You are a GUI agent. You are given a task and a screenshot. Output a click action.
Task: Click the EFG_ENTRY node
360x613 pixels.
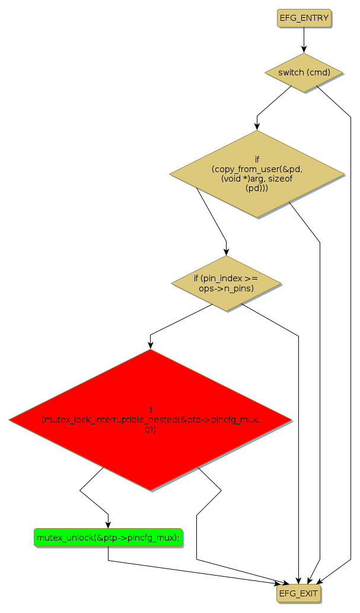click(x=304, y=18)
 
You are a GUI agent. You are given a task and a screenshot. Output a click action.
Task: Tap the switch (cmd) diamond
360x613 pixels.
click(x=304, y=73)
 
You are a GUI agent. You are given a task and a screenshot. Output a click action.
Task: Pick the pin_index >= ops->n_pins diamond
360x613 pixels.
click(x=226, y=283)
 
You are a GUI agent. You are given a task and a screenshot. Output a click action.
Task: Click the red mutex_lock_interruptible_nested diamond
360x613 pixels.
click(x=150, y=420)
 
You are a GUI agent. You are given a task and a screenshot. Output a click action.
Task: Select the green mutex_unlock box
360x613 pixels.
click(x=108, y=538)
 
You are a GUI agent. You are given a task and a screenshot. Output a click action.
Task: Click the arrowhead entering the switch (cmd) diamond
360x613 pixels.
click(x=304, y=50)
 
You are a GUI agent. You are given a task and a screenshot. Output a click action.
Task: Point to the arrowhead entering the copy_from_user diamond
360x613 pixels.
click(x=257, y=126)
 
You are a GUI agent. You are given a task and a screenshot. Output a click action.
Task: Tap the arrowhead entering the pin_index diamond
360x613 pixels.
click(x=226, y=252)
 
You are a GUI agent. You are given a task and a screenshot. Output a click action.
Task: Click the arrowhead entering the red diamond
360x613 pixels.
click(x=150, y=345)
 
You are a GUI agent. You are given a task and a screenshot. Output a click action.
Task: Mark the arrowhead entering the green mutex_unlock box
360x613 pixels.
click(x=108, y=524)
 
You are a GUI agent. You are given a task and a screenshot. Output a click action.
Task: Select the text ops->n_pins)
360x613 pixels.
click(x=227, y=288)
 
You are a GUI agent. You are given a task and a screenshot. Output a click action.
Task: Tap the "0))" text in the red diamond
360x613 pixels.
click(x=150, y=429)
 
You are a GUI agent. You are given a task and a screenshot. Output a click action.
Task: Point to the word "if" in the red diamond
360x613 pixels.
click(x=150, y=409)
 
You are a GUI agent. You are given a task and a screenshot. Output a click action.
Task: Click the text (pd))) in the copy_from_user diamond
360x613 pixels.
click(x=257, y=188)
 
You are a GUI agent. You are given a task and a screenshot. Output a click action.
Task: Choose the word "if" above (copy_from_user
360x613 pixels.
click(x=257, y=160)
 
